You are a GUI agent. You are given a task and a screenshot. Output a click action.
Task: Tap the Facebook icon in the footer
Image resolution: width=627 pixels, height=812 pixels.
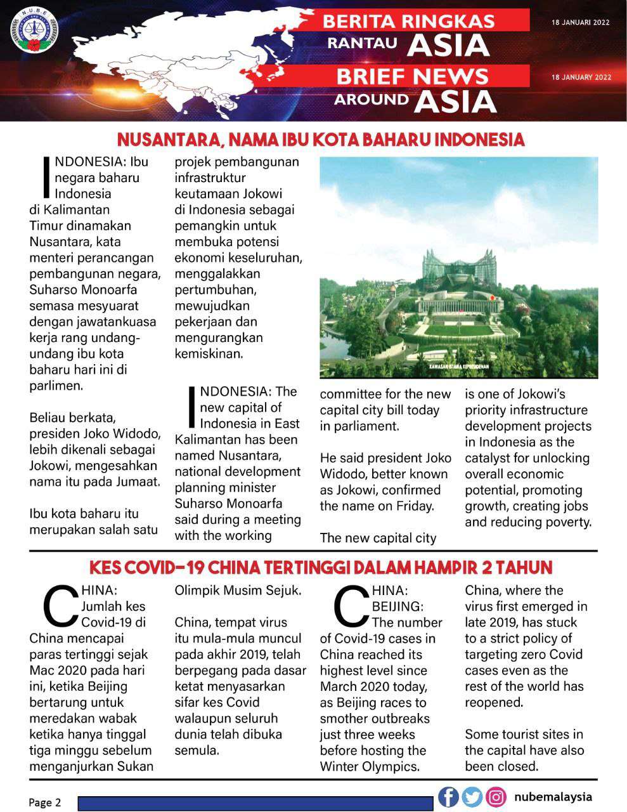click(x=448, y=797)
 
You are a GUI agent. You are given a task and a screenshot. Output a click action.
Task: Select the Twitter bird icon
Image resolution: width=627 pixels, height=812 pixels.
click(x=472, y=797)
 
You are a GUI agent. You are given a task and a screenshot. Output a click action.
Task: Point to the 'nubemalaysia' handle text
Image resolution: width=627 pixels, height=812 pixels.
click(x=553, y=797)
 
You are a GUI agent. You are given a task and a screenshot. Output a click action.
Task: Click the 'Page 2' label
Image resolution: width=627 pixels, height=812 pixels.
click(x=44, y=802)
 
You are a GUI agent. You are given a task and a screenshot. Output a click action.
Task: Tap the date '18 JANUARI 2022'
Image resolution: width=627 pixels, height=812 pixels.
click(x=580, y=22)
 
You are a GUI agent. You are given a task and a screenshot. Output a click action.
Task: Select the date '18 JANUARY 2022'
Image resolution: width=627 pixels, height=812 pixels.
click(x=581, y=77)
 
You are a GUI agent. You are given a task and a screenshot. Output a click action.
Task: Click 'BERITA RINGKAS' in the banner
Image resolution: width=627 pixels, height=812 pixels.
click(x=408, y=22)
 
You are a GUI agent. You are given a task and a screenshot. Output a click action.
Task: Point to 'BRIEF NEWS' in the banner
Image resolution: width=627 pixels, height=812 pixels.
click(x=412, y=77)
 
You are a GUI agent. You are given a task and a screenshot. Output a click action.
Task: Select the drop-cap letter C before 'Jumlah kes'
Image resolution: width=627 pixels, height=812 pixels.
click(x=60, y=606)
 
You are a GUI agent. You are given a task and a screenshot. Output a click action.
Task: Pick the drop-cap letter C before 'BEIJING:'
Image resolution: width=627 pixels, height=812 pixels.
click(x=351, y=606)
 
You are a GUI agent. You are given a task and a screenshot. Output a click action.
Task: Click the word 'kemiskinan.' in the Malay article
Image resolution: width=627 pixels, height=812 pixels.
click(x=209, y=353)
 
